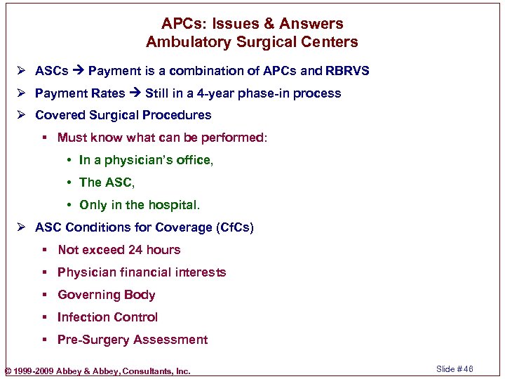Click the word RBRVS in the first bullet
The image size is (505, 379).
point(347,71)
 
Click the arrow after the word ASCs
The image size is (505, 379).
point(78,71)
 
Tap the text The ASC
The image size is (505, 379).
point(106,182)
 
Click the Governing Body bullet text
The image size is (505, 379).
point(106,295)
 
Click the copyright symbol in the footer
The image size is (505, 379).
point(8,371)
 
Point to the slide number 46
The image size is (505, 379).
point(469,369)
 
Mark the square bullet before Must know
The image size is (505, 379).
point(44,138)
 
